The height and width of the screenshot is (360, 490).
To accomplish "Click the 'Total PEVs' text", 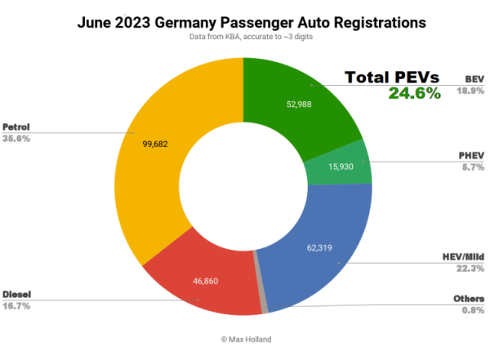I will click(393, 78).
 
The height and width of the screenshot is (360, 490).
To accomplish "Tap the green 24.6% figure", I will click(414, 94).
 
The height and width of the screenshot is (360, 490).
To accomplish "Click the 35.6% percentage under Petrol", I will click(16, 139).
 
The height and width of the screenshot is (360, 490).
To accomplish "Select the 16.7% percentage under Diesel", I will click(16, 304).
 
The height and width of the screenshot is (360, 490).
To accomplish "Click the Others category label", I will click(469, 299).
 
